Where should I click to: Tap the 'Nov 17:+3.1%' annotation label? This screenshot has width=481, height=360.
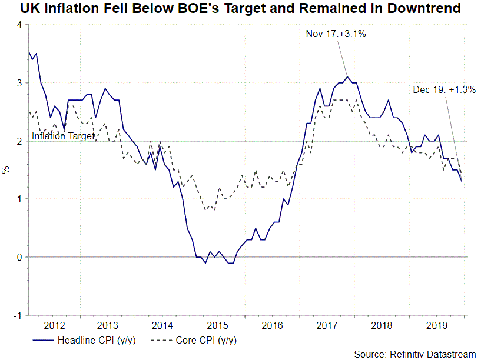point(336,34)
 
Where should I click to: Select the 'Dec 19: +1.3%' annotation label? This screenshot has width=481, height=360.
point(443,89)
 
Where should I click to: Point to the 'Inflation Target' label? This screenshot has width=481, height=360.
point(63,136)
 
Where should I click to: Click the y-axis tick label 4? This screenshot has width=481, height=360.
point(19,25)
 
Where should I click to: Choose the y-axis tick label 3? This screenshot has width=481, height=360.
point(19,83)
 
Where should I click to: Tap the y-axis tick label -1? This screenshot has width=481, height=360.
point(18,315)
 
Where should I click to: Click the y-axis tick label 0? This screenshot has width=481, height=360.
point(19,257)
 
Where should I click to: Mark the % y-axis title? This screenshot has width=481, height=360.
point(6,170)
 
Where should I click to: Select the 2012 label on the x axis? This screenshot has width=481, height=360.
point(54,325)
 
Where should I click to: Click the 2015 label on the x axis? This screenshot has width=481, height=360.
point(218,325)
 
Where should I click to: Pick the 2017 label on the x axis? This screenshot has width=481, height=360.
point(327,325)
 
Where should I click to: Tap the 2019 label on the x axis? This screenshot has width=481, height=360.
point(436,325)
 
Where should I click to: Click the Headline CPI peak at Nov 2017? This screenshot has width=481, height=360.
point(347,76)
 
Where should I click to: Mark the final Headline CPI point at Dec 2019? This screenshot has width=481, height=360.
point(462,181)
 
